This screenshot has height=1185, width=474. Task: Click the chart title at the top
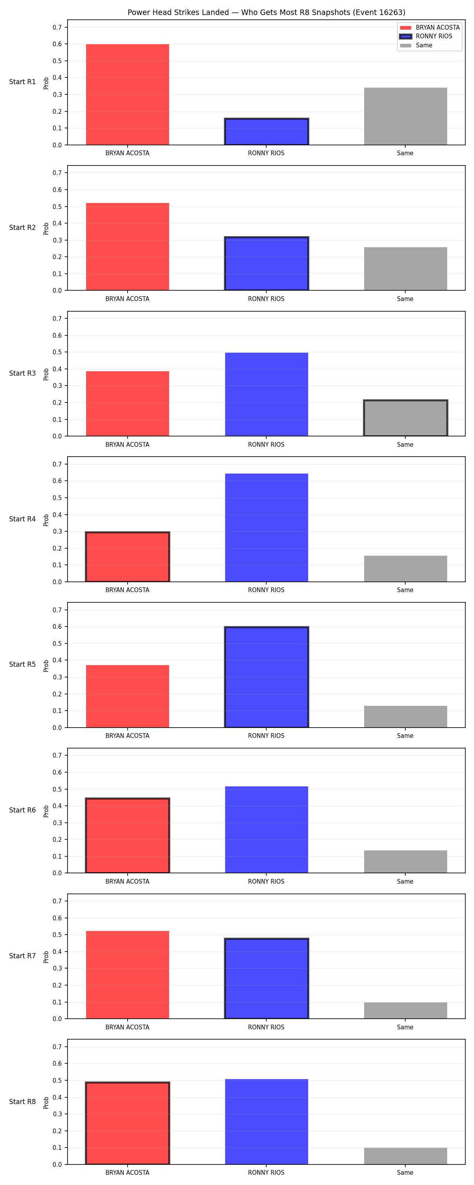click(x=267, y=12)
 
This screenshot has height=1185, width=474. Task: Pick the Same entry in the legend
click(x=416, y=45)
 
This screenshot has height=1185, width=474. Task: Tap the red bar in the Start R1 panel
click(x=128, y=94)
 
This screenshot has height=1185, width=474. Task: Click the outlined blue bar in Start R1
click(x=267, y=132)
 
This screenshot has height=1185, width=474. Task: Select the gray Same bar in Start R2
click(x=405, y=269)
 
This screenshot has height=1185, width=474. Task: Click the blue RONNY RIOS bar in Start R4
click(x=267, y=528)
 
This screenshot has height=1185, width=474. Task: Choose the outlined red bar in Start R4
click(x=128, y=557)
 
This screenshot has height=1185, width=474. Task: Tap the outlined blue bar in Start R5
click(x=267, y=677)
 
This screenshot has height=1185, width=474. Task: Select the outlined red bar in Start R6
click(x=128, y=835)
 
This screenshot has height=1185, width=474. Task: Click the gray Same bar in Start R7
click(x=405, y=1010)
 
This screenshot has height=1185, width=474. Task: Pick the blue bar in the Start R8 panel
click(x=267, y=1121)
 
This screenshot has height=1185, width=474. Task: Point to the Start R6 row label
click(x=23, y=810)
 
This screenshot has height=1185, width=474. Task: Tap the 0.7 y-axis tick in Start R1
click(x=57, y=28)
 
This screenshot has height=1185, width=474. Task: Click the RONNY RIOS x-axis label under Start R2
click(x=267, y=299)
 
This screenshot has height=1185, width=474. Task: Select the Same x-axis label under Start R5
click(x=405, y=735)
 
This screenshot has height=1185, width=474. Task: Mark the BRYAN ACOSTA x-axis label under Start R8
click(x=128, y=1173)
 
